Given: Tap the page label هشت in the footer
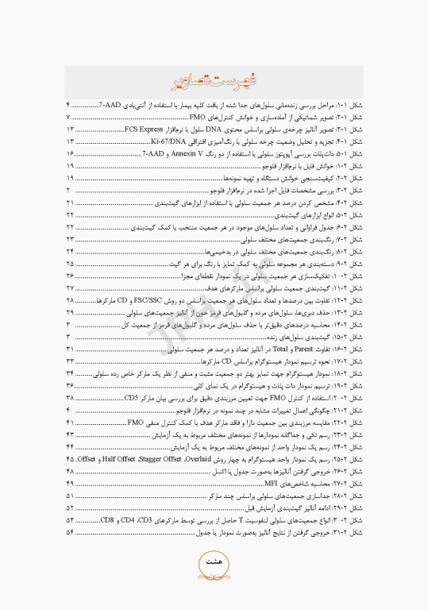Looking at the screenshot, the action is pos(214,562).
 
